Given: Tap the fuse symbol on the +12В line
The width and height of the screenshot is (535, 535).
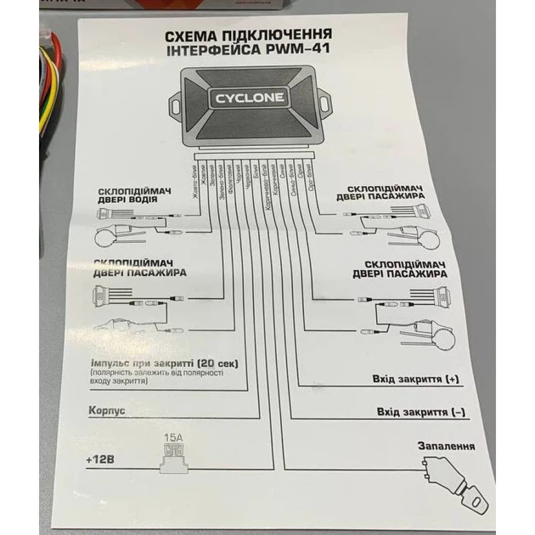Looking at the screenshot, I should (x=174, y=459).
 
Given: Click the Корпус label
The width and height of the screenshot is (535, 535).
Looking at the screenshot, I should (x=106, y=410).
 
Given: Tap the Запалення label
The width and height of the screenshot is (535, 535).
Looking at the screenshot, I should (x=444, y=446).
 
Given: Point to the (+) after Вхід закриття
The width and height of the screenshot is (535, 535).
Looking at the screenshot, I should (x=451, y=379).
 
